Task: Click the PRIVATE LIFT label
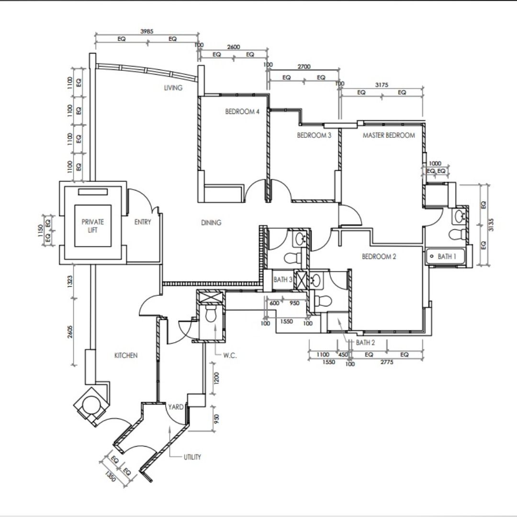pos(93,226)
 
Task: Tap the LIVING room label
pos(173,88)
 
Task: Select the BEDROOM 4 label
pos(242,112)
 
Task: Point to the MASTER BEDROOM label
pos(389,135)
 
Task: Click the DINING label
pos(211,223)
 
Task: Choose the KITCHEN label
pos(126,355)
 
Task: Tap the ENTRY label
pos(143,222)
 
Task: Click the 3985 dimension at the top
pos(146,31)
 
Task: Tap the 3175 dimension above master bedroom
pos(382,85)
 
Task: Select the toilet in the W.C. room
pos(211,315)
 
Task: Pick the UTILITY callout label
pos(192,457)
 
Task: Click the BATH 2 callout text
pos(365,343)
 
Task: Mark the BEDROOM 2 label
pos(379,257)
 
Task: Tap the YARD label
pos(175,407)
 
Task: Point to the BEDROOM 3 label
pos(314,135)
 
